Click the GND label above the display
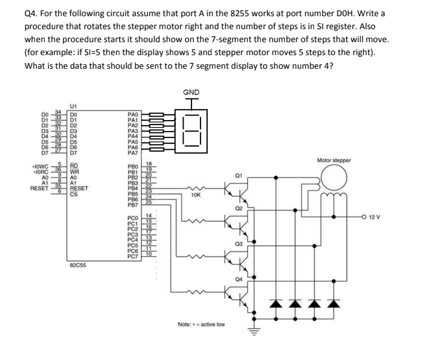(193, 92)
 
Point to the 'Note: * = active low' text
(201, 324)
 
